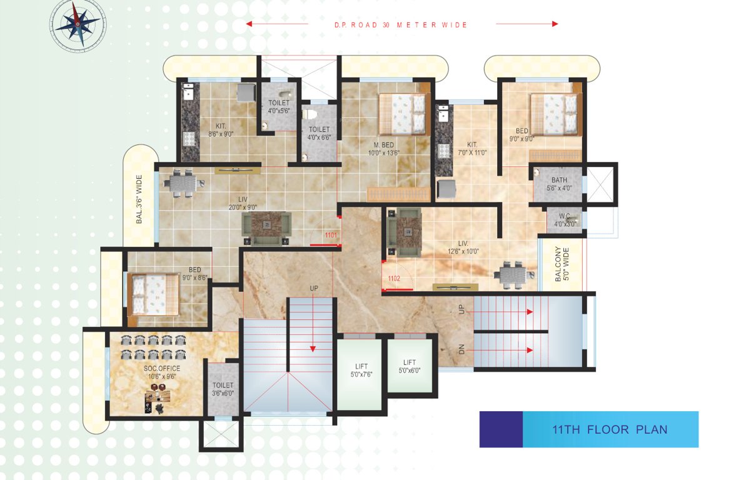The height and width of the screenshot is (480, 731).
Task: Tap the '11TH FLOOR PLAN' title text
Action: pyautogui.click(x=610, y=429)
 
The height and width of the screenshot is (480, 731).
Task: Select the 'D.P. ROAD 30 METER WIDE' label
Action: pyautogui.click(x=401, y=25)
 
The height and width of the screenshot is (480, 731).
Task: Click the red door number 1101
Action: pyautogui.click(x=331, y=235)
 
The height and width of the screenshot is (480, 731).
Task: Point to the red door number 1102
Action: pyautogui.click(x=393, y=278)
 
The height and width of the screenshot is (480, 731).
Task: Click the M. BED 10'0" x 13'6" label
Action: pyautogui.click(x=383, y=148)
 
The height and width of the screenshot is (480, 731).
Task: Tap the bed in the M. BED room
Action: pyautogui.click(x=402, y=113)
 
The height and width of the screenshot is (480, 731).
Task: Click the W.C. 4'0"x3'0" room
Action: pyautogui.click(x=565, y=220)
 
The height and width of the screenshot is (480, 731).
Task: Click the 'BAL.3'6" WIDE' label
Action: pyautogui.click(x=139, y=198)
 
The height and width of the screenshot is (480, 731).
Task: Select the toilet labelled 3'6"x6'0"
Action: pyautogui.click(x=223, y=389)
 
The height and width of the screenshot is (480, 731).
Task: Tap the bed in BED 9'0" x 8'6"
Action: pyautogui.click(x=154, y=294)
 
